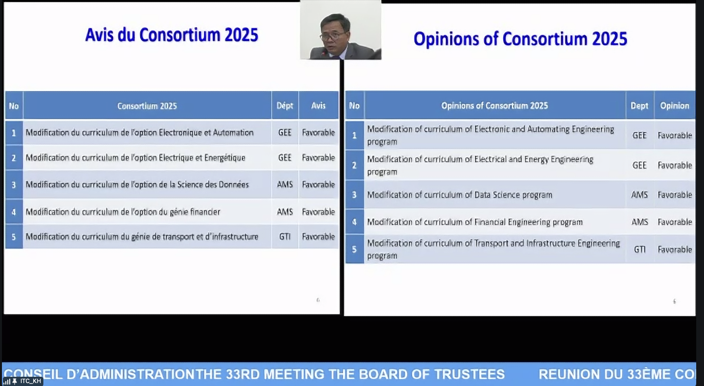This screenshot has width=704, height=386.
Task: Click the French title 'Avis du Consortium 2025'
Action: (172, 35)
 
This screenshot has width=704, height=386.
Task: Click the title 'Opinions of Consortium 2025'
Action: (520, 39)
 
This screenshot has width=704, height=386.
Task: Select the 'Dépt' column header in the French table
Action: (285, 106)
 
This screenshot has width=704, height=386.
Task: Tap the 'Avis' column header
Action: (318, 106)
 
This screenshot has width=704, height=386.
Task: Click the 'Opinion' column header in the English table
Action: (674, 106)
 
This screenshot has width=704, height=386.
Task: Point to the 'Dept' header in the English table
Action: (639, 106)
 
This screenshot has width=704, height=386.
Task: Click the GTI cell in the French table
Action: (285, 237)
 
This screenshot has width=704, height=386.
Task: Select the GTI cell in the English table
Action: (640, 250)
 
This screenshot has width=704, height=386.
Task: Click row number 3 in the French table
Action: (14, 184)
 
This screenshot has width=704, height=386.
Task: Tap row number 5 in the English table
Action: (354, 250)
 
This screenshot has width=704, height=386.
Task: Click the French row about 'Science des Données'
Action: (137, 184)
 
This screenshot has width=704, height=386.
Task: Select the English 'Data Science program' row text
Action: (459, 195)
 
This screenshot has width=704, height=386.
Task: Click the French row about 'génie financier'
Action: (123, 212)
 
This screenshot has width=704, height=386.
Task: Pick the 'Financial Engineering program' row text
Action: (474, 222)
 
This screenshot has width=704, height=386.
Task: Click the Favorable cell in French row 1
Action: (318, 133)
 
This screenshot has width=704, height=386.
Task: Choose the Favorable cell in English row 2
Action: (675, 165)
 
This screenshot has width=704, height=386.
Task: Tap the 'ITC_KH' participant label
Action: (31, 381)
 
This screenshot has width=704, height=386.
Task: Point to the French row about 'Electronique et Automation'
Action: (139, 133)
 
